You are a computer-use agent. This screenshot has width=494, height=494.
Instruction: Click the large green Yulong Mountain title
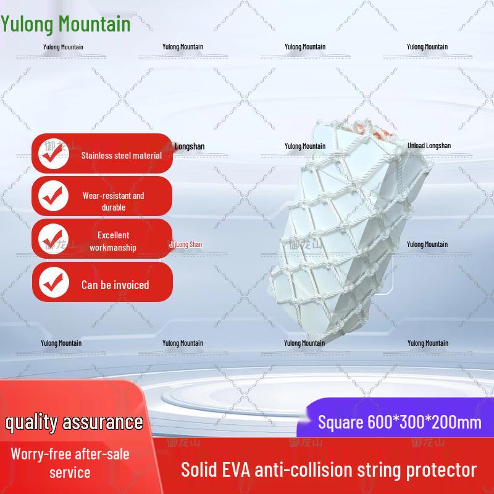click(65, 24)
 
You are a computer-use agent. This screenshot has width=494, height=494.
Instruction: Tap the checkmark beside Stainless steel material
click(54, 154)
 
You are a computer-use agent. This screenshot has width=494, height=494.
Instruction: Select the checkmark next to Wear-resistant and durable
click(54, 196)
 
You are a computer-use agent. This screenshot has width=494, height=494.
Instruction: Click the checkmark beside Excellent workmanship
click(54, 240)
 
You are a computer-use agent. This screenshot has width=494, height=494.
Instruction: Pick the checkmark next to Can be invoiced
click(54, 282)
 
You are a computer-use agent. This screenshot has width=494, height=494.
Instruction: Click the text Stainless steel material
click(122, 156)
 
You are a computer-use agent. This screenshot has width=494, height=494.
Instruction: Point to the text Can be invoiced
click(115, 285)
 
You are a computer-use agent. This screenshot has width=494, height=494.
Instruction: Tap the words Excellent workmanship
click(113, 241)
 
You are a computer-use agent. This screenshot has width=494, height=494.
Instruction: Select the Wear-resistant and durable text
click(113, 201)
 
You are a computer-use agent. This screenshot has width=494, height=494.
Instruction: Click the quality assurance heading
click(74, 422)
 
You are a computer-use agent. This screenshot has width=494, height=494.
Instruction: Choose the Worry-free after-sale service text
click(70, 463)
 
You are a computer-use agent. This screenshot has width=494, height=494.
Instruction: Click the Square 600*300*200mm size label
click(399, 422)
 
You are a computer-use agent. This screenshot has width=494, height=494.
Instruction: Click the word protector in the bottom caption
click(443, 470)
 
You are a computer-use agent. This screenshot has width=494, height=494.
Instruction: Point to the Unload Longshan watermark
click(429, 146)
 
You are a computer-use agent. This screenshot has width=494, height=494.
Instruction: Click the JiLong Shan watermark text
click(186, 245)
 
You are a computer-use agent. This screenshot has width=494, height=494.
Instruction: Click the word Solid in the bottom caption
click(201, 470)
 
